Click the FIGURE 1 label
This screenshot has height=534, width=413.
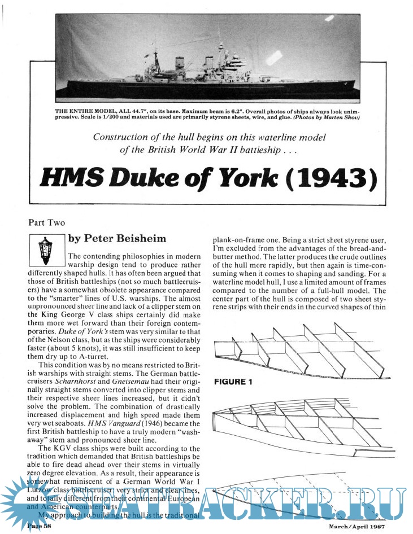coord(232,382)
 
